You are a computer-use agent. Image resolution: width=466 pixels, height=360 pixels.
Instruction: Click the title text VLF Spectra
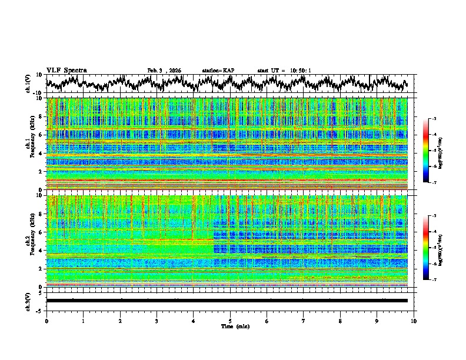coord(66,70)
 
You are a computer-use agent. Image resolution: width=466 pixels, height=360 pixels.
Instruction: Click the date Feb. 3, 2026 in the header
coord(164,71)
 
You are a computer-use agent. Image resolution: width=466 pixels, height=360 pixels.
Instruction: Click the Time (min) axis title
coord(230,326)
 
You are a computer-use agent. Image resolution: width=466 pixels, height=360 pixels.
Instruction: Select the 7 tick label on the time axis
coord(304,321)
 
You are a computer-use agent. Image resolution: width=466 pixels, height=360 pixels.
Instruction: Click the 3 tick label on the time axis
coord(157,321)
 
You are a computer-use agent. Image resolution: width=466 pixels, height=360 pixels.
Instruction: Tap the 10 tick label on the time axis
coord(414,321)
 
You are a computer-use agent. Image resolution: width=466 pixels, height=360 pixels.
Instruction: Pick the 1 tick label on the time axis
coord(83,321)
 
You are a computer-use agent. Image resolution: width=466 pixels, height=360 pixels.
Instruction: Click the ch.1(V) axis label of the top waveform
coord(28,84)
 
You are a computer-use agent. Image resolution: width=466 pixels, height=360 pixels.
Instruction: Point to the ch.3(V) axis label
coord(28,301)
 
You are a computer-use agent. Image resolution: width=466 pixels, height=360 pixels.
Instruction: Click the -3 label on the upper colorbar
coord(434,119)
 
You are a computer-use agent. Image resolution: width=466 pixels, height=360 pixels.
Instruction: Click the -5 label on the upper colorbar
coord(434,151)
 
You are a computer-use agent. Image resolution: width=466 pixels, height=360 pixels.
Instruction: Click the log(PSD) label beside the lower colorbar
coord(440,248)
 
